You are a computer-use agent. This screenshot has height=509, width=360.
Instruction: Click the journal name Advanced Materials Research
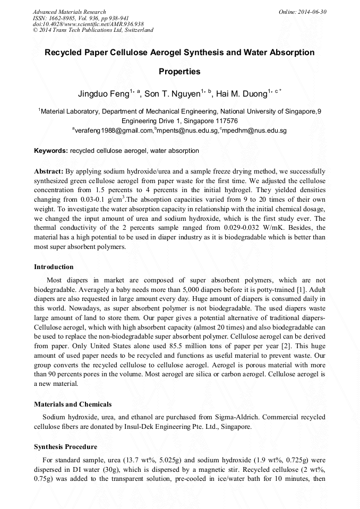coord(69,12)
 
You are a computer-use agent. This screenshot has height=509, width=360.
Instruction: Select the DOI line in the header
coord(88,24)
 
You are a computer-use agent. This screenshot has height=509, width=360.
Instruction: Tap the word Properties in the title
coord(179,71)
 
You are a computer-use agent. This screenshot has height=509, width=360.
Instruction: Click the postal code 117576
coord(222,120)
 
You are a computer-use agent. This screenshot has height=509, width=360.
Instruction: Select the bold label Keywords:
coord(51,151)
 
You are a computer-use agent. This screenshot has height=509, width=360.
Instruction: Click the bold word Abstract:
coord(49,172)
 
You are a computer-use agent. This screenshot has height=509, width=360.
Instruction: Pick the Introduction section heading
coord(54,266)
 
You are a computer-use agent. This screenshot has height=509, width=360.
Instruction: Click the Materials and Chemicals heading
coord(73,404)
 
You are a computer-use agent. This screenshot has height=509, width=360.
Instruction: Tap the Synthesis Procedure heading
coord(65,446)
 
